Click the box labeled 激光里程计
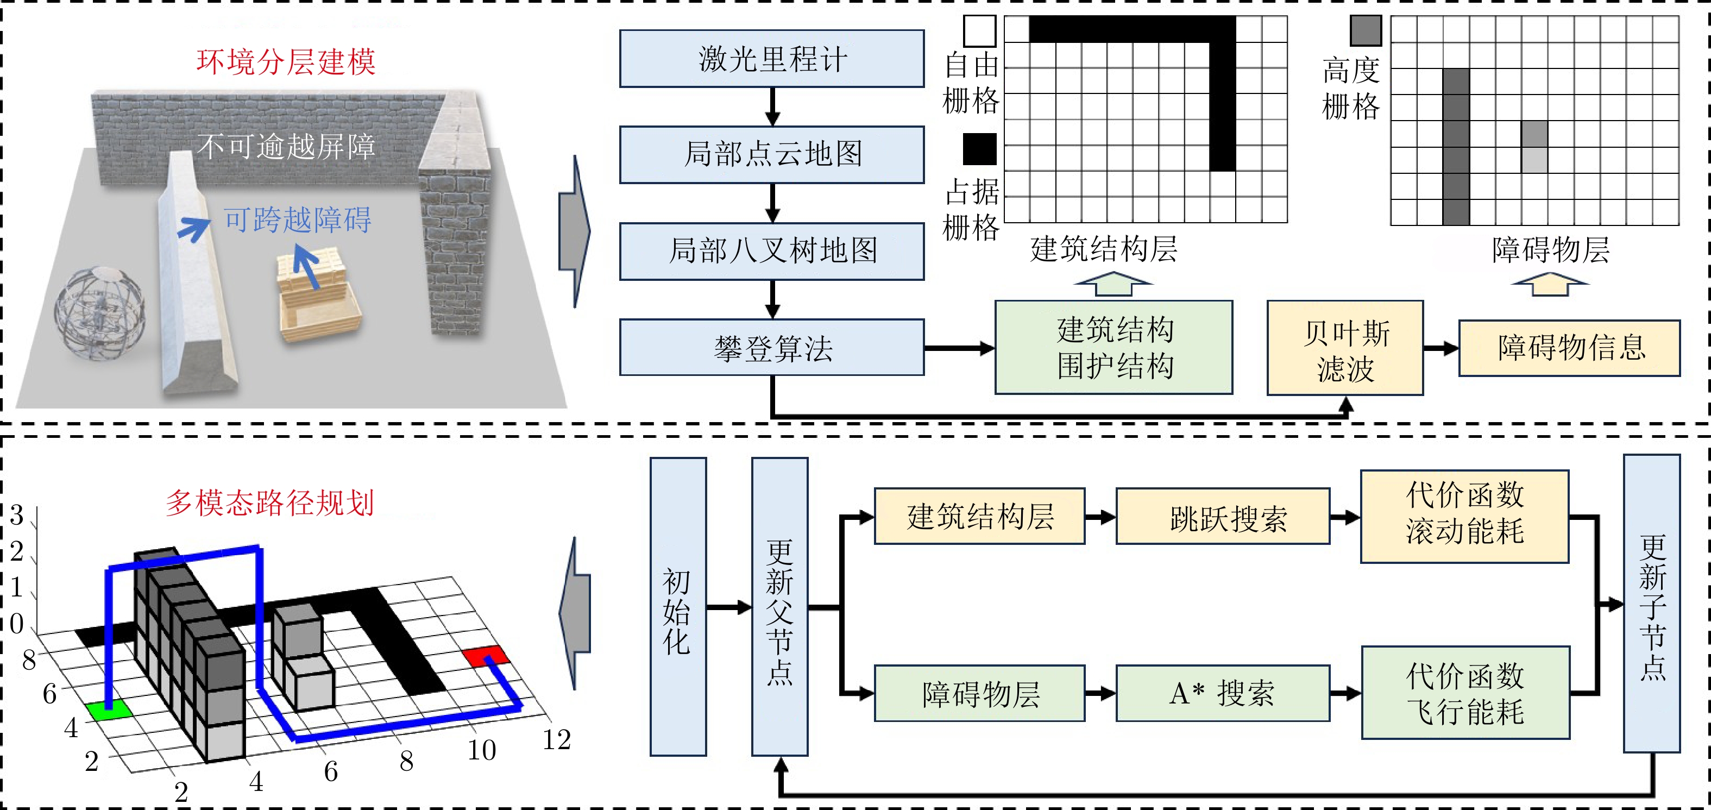(x=772, y=59)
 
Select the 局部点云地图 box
(x=772, y=154)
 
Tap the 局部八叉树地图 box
(x=772, y=250)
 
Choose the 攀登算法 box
(x=772, y=348)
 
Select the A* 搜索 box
(x=1223, y=693)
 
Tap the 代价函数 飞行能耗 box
(x=1465, y=693)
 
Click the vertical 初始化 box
(x=677, y=607)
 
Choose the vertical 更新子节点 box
(x=1652, y=604)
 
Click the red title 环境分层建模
(x=286, y=62)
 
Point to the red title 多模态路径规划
(x=269, y=503)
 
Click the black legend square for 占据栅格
(x=980, y=149)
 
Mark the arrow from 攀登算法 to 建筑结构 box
(x=959, y=348)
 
